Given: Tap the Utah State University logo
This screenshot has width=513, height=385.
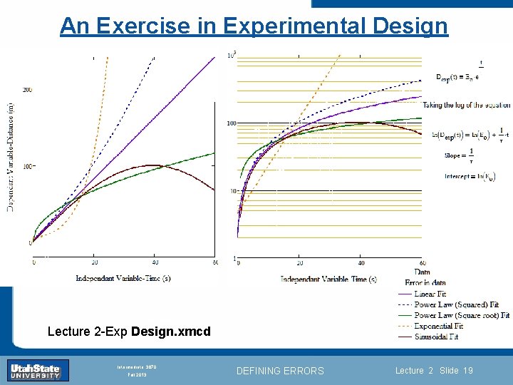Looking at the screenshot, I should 39,370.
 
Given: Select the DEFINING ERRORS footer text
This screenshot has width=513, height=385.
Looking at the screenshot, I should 280,371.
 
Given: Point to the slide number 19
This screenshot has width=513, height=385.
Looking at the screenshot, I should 467,371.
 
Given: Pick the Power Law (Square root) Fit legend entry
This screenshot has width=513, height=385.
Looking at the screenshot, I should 461,315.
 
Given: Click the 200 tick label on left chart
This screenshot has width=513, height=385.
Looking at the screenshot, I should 27,90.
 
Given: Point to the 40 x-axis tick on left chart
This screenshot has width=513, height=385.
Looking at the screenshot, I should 155,264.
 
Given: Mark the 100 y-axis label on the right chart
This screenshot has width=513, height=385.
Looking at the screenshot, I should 231,123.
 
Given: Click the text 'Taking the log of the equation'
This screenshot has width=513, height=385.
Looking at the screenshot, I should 466,105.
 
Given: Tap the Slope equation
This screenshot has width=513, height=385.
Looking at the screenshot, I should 460,155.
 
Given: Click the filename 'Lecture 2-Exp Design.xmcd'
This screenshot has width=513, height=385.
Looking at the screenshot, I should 129,332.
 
